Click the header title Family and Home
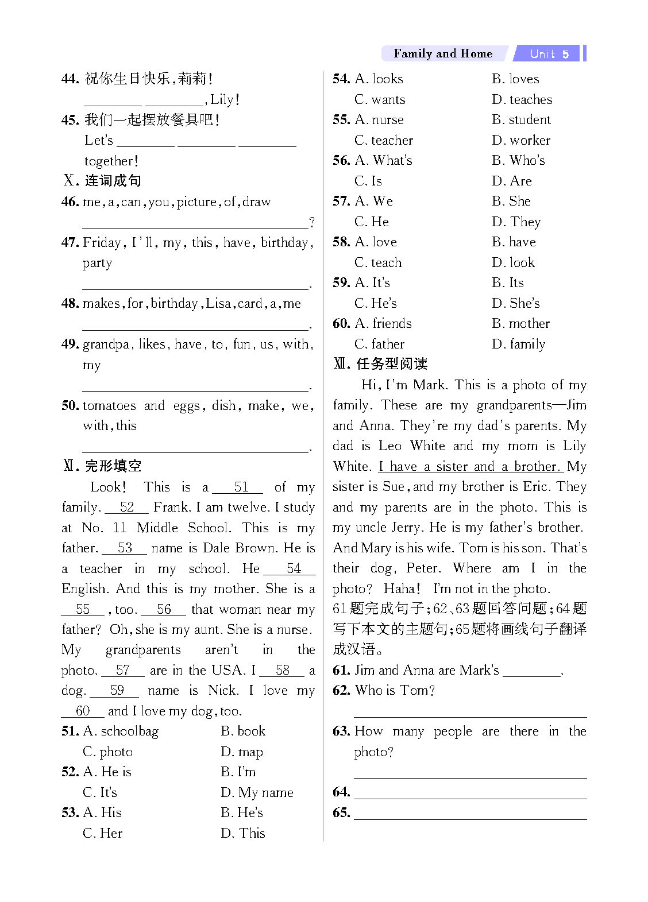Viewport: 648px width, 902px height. click(x=443, y=53)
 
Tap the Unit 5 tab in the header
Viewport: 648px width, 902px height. click(x=549, y=54)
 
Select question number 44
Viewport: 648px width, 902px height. click(x=70, y=79)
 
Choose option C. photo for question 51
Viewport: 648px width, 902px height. click(x=107, y=752)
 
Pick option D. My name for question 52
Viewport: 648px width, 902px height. click(x=257, y=792)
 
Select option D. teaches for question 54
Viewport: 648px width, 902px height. click(x=522, y=99)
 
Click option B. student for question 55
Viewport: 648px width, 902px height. click(x=521, y=119)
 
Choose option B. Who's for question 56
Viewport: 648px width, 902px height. click(x=518, y=160)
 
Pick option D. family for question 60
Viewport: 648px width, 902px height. click(x=518, y=344)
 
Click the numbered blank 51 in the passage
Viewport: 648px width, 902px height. click(x=240, y=487)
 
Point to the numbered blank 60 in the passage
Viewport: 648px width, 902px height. click(x=83, y=711)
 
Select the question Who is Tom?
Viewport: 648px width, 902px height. click(x=395, y=690)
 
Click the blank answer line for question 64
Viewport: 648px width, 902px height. click(x=470, y=792)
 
